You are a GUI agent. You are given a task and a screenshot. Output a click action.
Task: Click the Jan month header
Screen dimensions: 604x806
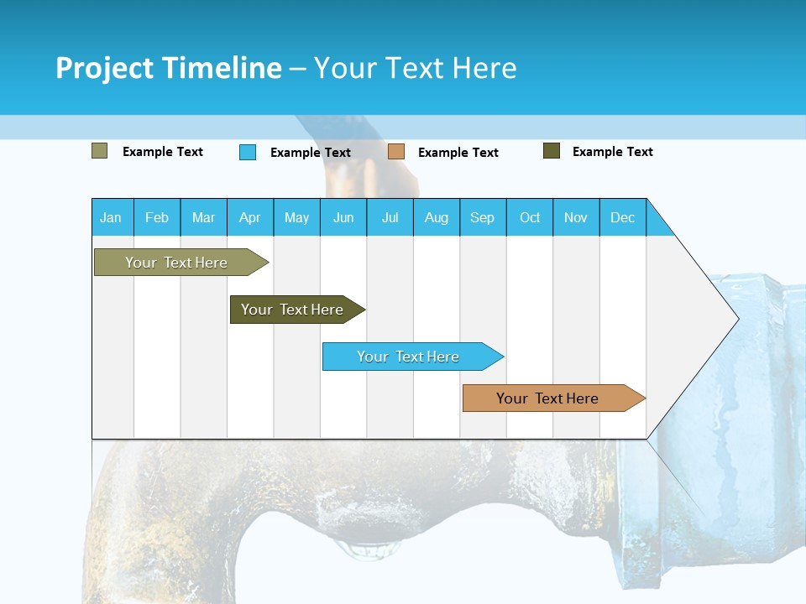(111, 217)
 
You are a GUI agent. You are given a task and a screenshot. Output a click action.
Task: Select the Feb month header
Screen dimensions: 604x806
(157, 217)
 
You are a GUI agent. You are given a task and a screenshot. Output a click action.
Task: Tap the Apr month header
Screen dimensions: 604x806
(249, 217)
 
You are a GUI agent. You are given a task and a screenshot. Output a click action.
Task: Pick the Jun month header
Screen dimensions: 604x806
(343, 217)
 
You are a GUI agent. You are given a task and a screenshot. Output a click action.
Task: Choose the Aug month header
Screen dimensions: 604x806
(436, 217)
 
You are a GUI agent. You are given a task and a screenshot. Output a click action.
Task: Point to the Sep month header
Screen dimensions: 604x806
(482, 217)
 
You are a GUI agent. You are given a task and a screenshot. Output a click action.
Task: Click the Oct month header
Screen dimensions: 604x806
(530, 217)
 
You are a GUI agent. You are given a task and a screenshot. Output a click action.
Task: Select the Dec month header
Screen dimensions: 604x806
(622, 217)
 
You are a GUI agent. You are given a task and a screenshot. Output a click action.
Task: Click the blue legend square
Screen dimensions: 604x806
(248, 152)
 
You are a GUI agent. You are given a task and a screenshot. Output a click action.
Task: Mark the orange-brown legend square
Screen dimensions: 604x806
(396, 152)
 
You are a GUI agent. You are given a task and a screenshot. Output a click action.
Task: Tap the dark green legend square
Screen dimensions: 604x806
(552, 151)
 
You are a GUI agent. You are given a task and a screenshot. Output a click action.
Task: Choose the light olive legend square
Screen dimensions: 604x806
(100, 151)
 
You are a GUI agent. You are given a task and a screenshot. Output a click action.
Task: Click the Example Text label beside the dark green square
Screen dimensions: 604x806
(612, 152)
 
